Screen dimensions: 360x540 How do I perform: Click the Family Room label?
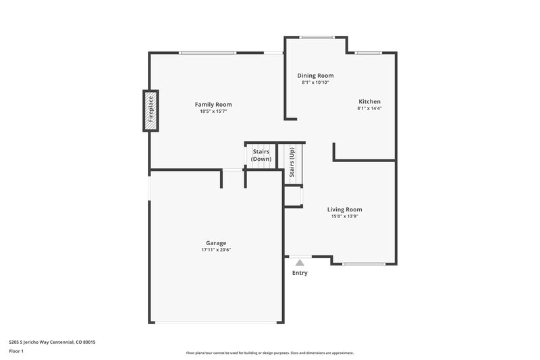point(213,104)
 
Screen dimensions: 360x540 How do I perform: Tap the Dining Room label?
point(316,76)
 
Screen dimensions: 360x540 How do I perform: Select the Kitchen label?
point(369,101)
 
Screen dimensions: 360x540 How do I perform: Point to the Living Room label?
point(345,209)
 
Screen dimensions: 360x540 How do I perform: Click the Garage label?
point(216,242)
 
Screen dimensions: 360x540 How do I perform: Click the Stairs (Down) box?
point(261,155)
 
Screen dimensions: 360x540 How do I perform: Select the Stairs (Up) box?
point(292,162)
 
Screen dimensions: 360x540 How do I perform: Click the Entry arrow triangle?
point(300,261)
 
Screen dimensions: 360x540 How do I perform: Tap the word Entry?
point(300,273)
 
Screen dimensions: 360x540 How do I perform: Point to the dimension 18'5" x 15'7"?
point(213,111)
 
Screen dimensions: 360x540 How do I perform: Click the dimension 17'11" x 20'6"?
point(216,250)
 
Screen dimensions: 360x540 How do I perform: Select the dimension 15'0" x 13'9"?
point(345,217)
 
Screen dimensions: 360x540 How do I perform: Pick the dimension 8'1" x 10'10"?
point(316,82)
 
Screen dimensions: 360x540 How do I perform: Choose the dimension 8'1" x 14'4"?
point(369,108)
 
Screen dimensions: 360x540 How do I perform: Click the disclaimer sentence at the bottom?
point(270,353)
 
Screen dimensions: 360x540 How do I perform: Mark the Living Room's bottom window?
point(364,263)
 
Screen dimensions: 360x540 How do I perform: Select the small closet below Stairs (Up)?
point(292,196)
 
